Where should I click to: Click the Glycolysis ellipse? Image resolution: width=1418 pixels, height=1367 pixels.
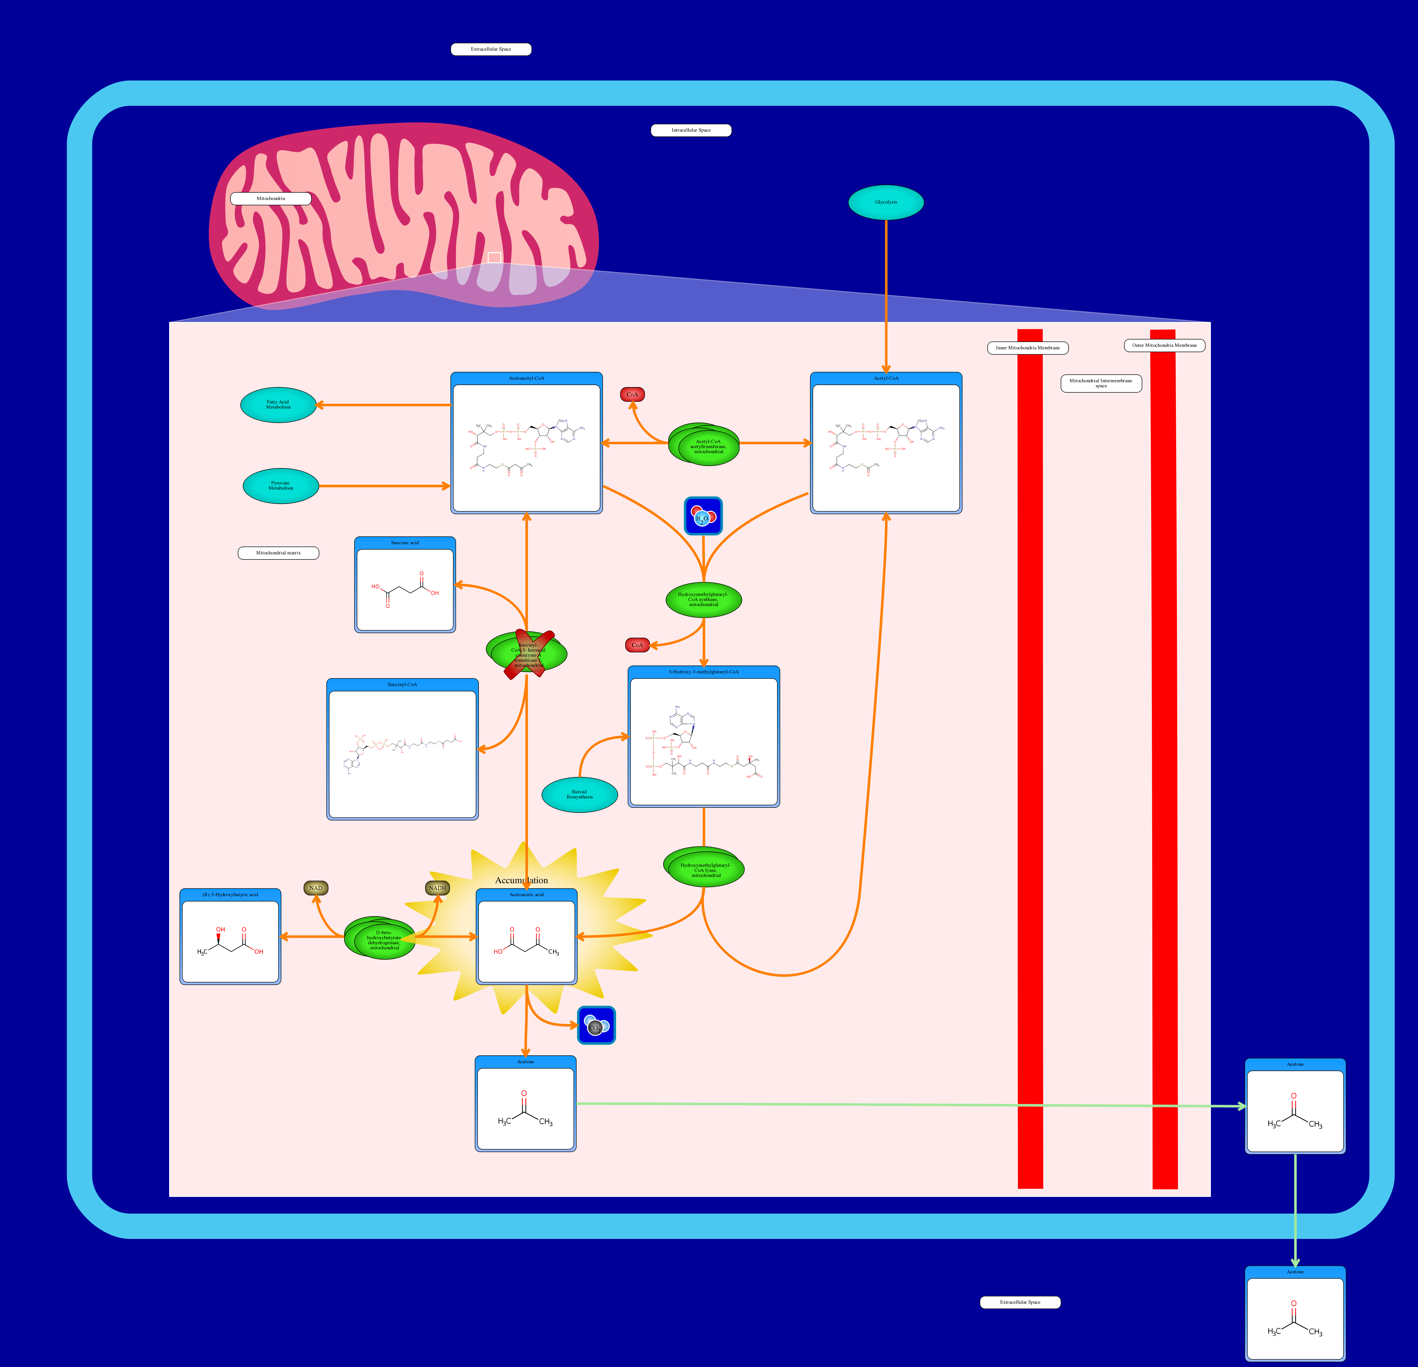tap(885, 202)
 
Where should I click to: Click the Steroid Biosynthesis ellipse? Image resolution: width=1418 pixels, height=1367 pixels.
tap(580, 794)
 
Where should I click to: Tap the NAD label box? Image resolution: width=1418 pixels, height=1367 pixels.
tap(316, 888)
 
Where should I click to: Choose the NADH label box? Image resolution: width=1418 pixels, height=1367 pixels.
tap(437, 888)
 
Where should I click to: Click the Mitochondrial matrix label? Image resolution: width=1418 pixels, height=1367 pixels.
tap(279, 553)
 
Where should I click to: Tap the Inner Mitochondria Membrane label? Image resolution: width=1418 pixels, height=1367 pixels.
tap(1027, 348)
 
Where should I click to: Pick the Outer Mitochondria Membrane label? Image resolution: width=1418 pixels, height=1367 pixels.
tap(1164, 345)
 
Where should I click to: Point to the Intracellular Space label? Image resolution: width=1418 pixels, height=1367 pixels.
tap(691, 130)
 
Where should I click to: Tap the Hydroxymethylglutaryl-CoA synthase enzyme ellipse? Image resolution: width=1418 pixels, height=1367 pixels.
tap(703, 599)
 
